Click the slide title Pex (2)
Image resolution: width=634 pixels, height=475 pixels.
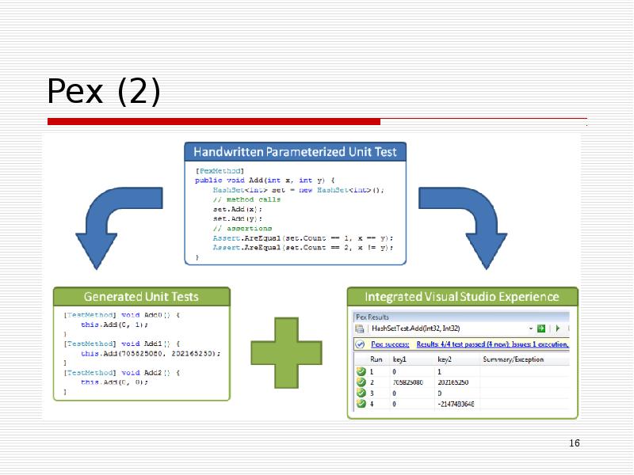coord(104,92)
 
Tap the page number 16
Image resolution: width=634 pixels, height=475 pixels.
coord(575,443)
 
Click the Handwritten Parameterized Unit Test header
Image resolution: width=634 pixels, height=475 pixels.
coord(296,151)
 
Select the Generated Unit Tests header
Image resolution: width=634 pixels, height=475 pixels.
coord(141,297)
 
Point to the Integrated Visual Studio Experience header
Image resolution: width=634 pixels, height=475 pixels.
coord(462,297)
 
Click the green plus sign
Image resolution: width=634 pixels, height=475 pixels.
coord(288,353)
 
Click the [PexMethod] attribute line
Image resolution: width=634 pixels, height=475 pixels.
coord(219,169)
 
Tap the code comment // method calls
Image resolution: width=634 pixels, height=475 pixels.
coord(246,199)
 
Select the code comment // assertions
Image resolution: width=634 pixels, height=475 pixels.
coord(242,228)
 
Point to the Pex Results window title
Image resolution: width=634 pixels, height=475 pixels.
coord(376,316)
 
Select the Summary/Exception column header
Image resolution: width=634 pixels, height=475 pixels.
coord(513,359)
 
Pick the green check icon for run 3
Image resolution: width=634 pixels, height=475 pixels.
coord(361,393)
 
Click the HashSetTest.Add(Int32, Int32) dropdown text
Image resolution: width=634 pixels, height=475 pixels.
coord(415,329)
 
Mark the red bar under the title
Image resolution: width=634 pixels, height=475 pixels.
coord(214,122)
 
